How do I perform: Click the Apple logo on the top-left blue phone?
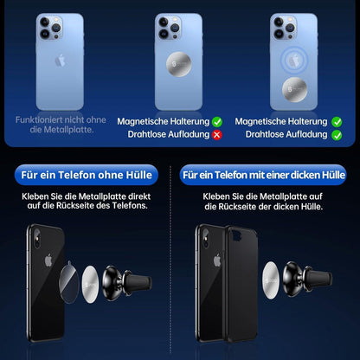coord(59,62)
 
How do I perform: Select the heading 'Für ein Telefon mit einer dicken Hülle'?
coord(270,176)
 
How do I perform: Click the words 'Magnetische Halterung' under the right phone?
coord(280,123)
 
